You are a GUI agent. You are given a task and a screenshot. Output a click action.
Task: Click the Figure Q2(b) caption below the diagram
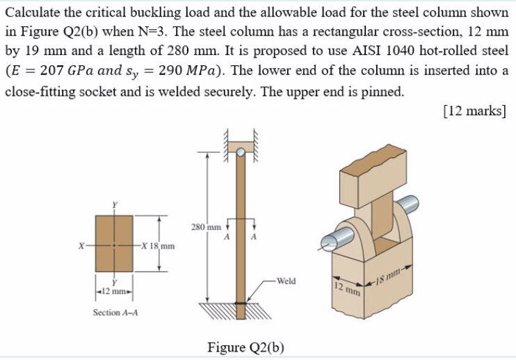[x=245, y=347]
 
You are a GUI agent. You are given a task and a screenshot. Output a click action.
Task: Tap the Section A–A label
[x=115, y=313]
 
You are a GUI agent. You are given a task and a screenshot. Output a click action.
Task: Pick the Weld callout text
[x=286, y=281]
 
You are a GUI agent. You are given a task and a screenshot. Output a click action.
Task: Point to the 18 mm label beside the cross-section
[x=159, y=246]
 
